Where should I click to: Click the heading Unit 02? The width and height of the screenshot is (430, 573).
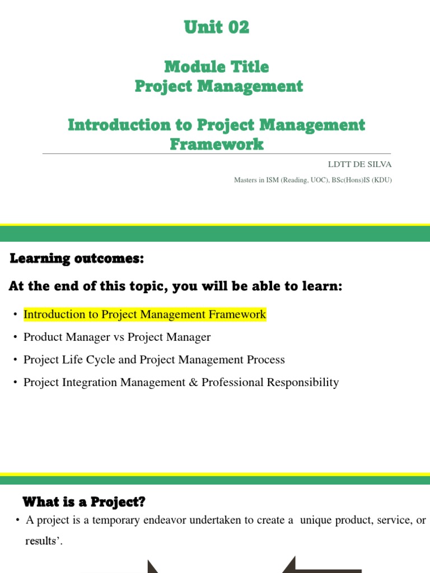click(x=216, y=27)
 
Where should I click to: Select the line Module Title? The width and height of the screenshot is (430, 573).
click(x=216, y=67)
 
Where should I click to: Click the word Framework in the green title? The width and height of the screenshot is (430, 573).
click(x=216, y=144)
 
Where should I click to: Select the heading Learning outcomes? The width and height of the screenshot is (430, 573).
click(x=77, y=259)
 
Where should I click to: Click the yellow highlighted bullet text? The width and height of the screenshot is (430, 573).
click(x=144, y=314)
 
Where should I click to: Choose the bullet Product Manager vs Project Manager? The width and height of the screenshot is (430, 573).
click(x=117, y=337)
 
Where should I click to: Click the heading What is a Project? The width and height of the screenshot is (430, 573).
click(x=83, y=501)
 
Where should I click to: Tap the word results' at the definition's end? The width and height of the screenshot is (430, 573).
click(x=43, y=542)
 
